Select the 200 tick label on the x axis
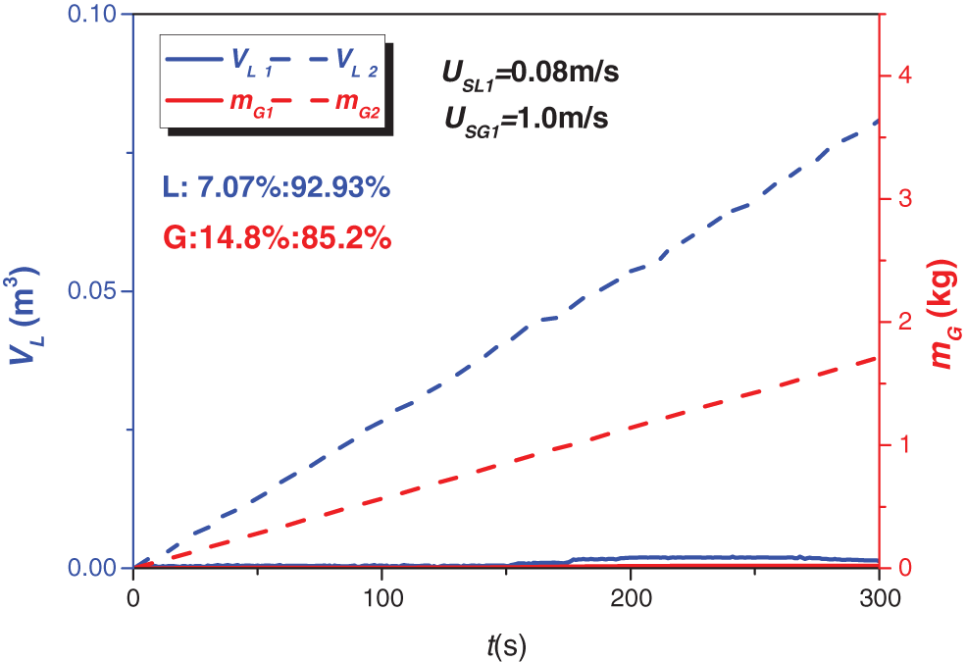(631, 597)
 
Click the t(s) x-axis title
(506, 644)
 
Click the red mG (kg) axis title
(944, 315)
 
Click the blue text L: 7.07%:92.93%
(277, 187)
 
